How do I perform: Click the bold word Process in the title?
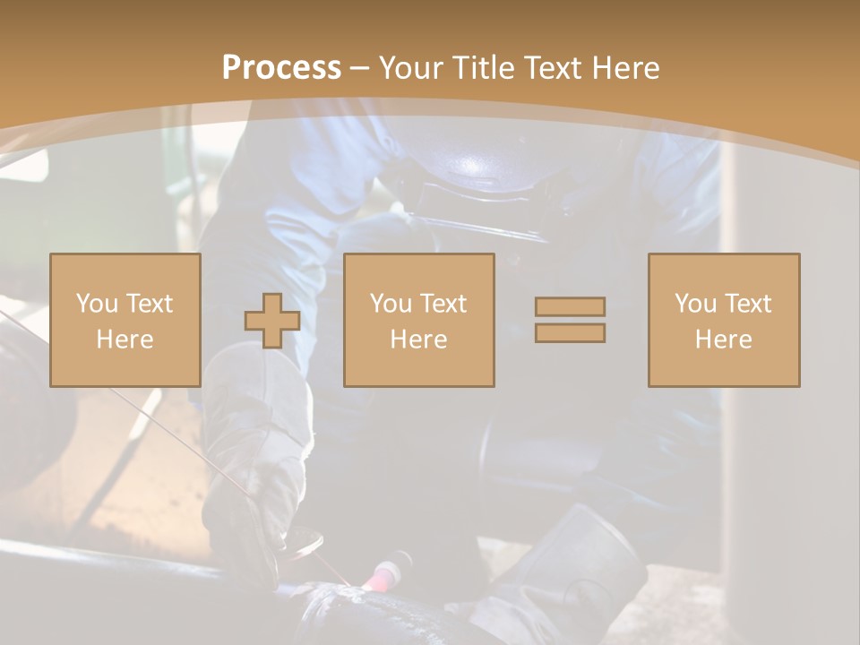click(281, 68)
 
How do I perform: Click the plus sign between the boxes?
click(272, 321)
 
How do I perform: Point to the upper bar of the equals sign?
click(570, 306)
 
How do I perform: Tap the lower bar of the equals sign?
click(570, 333)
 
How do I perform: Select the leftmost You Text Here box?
click(125, 320)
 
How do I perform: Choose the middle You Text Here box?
click(419, 320)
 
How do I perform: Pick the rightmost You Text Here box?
click(724, 320)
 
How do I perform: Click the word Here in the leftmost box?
click(125, 340)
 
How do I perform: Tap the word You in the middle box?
click(391, 304)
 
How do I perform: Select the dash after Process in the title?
click(359, 68)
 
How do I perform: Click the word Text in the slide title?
click(550, 68)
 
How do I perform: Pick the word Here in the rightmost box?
click(724, 340)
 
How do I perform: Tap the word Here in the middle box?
click(419, 340)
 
